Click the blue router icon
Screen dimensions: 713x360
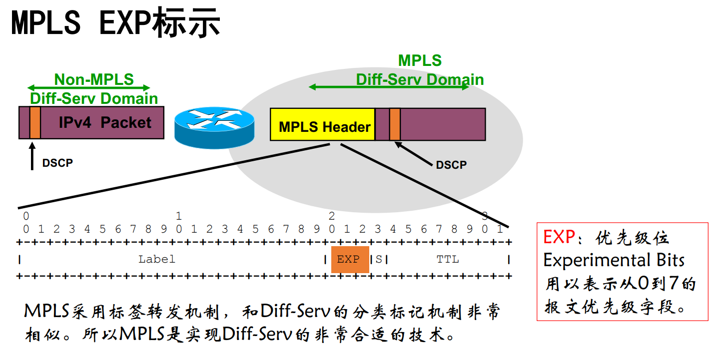click(214, 128)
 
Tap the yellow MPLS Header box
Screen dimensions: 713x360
click(322, 124)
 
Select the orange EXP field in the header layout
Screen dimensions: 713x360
click(350, 260)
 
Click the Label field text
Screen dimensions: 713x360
click(156, 259)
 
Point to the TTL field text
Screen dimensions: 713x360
click(448, 259)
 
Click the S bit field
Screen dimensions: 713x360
click(379, 259)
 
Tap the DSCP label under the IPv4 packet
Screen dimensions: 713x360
click(57, 163)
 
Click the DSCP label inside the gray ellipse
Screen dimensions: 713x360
click(451, 165)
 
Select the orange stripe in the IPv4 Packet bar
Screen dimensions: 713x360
click(35, 123)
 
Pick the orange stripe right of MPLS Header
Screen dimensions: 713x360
click(395, 124)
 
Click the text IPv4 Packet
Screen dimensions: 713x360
click(105, 122)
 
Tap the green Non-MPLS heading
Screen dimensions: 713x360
click(94, 79)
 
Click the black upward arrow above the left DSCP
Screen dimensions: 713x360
click(32, 156)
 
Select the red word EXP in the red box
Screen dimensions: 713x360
click(559, 237)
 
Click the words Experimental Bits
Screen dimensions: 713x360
click(614, 260)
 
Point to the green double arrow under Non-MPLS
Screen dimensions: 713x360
click(88, 87)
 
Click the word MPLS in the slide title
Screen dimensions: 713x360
click(46, 22)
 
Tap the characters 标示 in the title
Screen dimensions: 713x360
click(186, 22)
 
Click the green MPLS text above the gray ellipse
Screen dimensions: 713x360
click(420, 60)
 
